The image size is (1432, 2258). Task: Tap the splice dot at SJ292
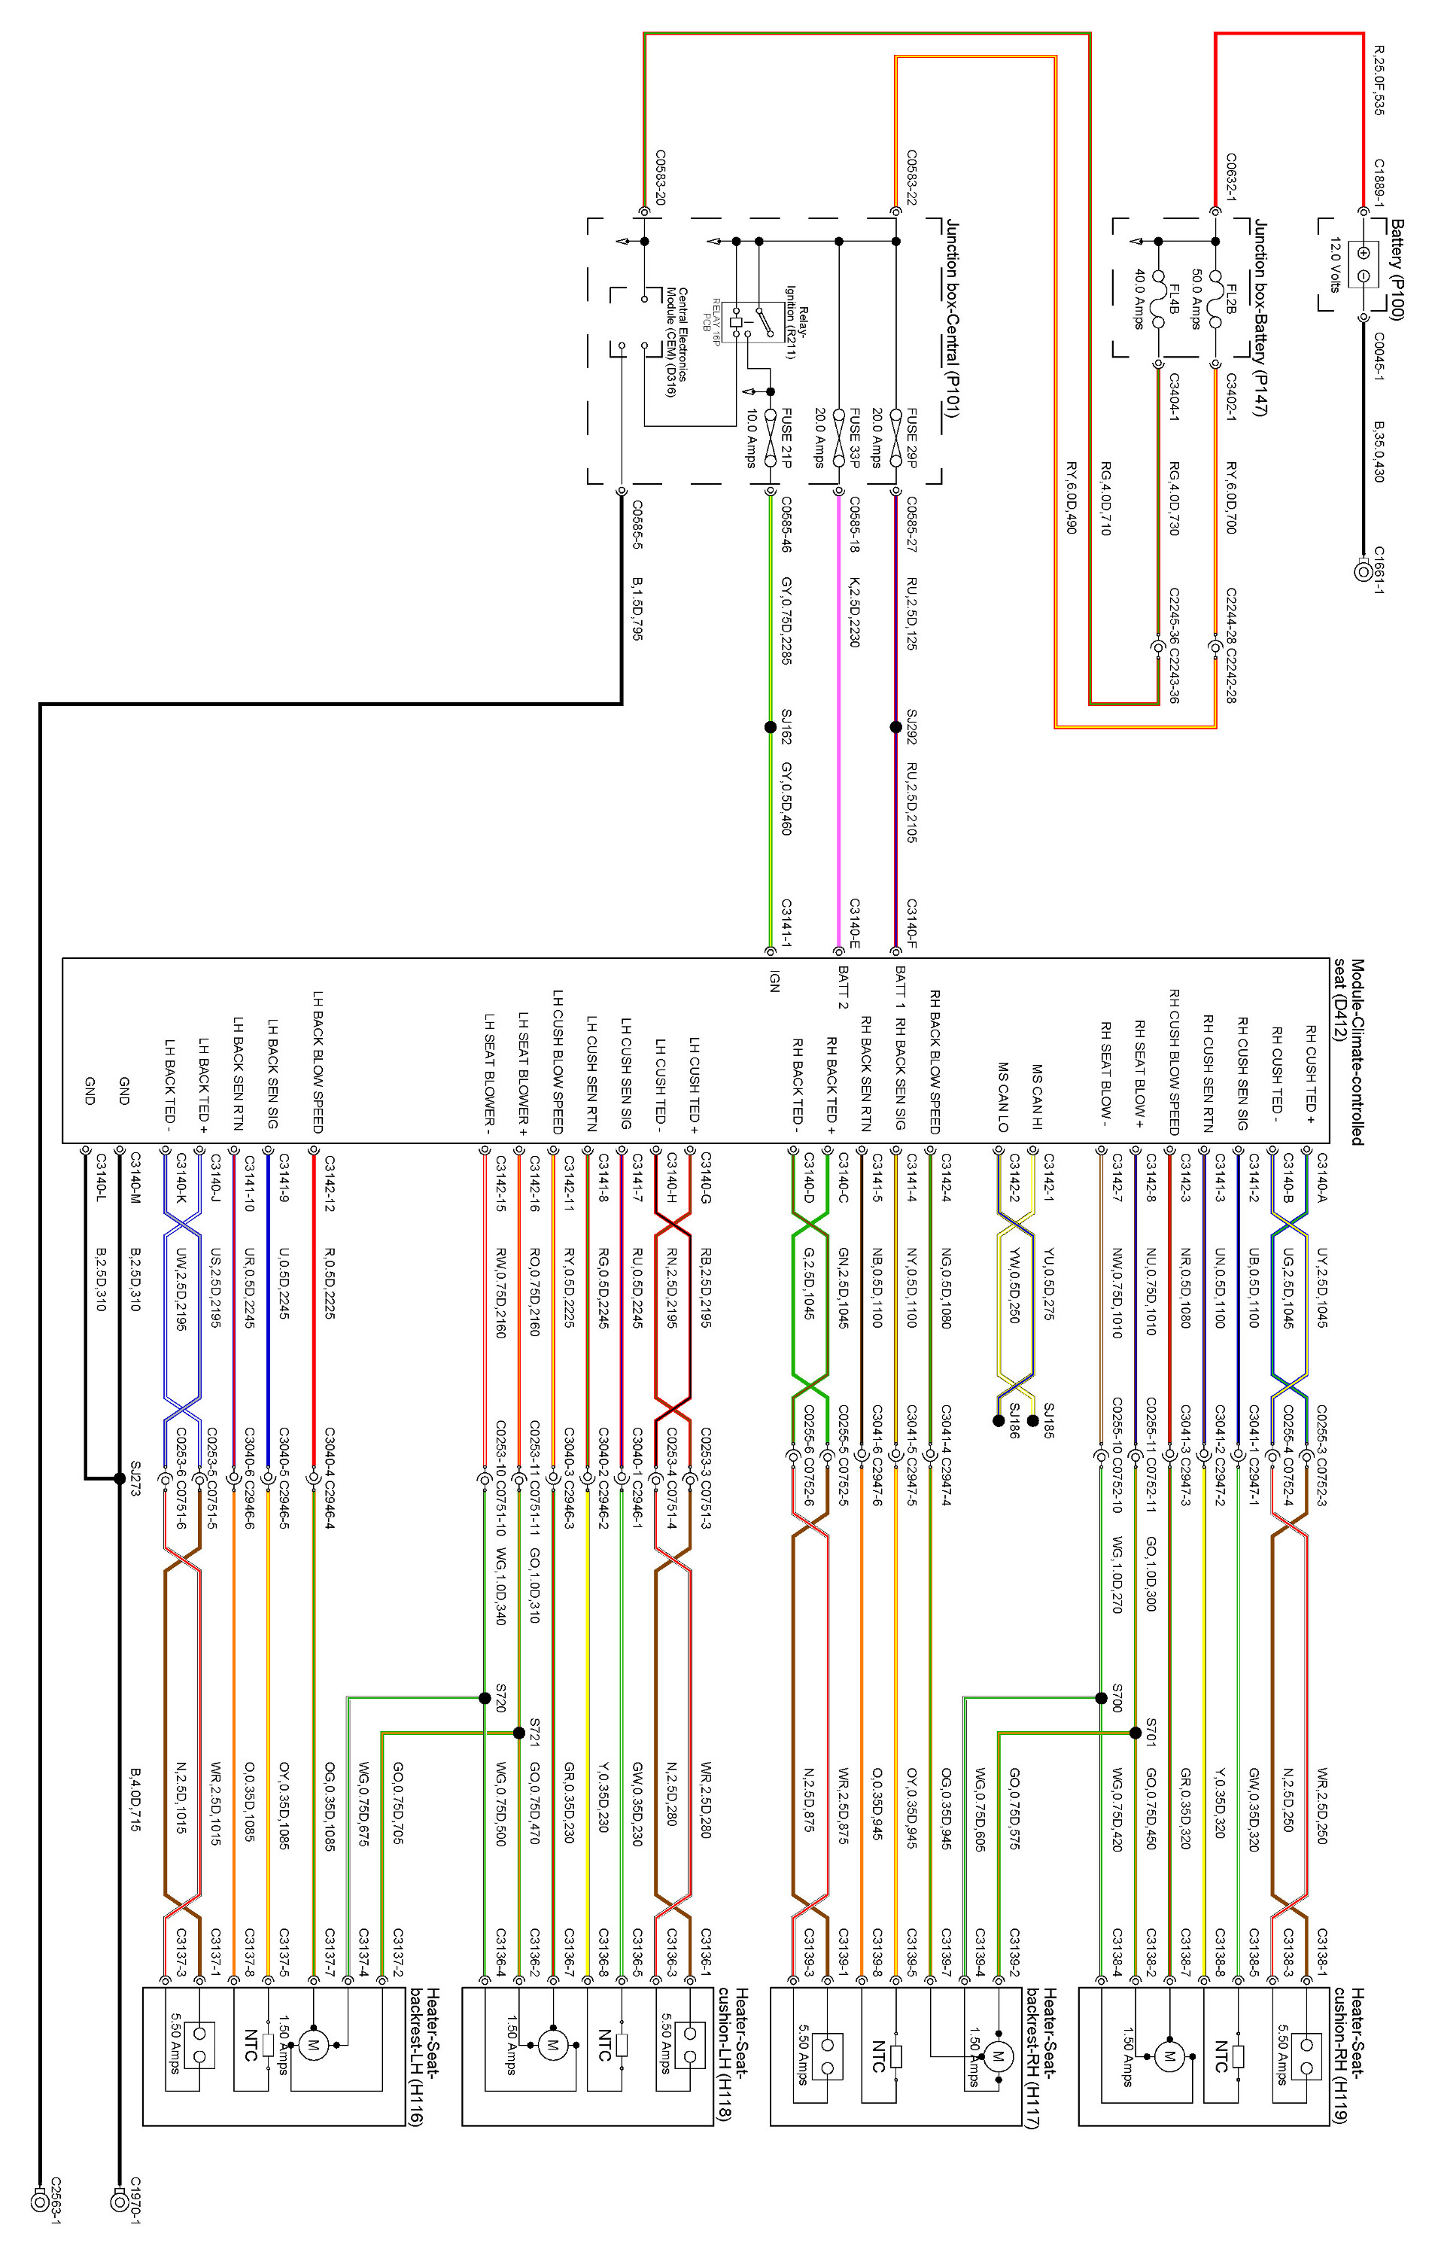895,727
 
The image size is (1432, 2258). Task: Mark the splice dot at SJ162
771,727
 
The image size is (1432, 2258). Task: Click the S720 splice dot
485,1698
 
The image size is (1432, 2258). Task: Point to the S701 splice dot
1136,1733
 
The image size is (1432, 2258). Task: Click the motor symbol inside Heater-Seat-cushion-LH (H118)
552,2044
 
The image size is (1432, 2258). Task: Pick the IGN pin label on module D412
774,981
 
